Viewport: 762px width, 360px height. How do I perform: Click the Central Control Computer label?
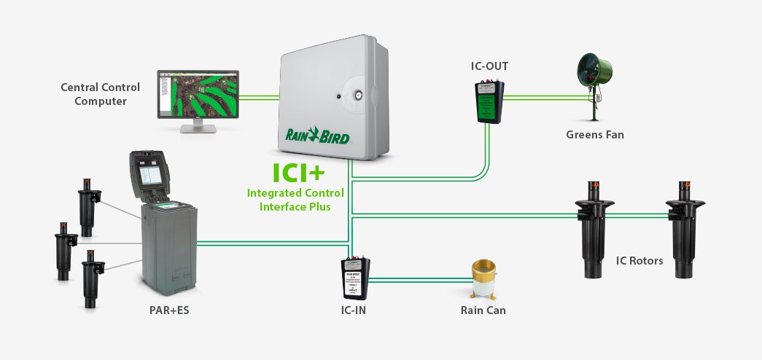pyautogui.click(x=100, y=95)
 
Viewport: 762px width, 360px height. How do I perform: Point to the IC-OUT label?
pyautogui.click(x=489, y=66)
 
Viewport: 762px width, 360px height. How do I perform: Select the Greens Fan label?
pyautogui.click(x=594, y=135)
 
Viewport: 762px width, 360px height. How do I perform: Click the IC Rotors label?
pyautogui.click(x=639, y=260)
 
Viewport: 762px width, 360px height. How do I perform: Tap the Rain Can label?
pyautogui.click(x=483, y=310)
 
